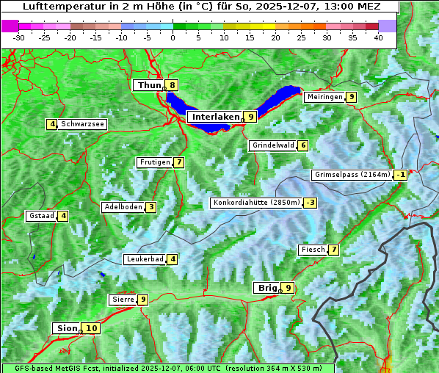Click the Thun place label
(149, 85)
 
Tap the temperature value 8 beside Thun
(172, 85)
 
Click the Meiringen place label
(324, 97)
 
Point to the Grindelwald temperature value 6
(302, 145)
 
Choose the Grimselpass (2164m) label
(352, 175)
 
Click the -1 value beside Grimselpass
(400, 175)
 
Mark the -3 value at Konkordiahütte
(311, 203)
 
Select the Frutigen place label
(155, 162)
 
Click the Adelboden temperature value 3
(150, 207)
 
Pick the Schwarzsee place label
(82, 124)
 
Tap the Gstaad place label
(41, 216)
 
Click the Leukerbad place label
(145, 259)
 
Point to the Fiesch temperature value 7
(333, 250)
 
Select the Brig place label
(266, 288)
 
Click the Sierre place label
(123, 300)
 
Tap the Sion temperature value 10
(90, 328)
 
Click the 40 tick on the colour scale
(378, 37)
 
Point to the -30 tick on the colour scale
(19, 37)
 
